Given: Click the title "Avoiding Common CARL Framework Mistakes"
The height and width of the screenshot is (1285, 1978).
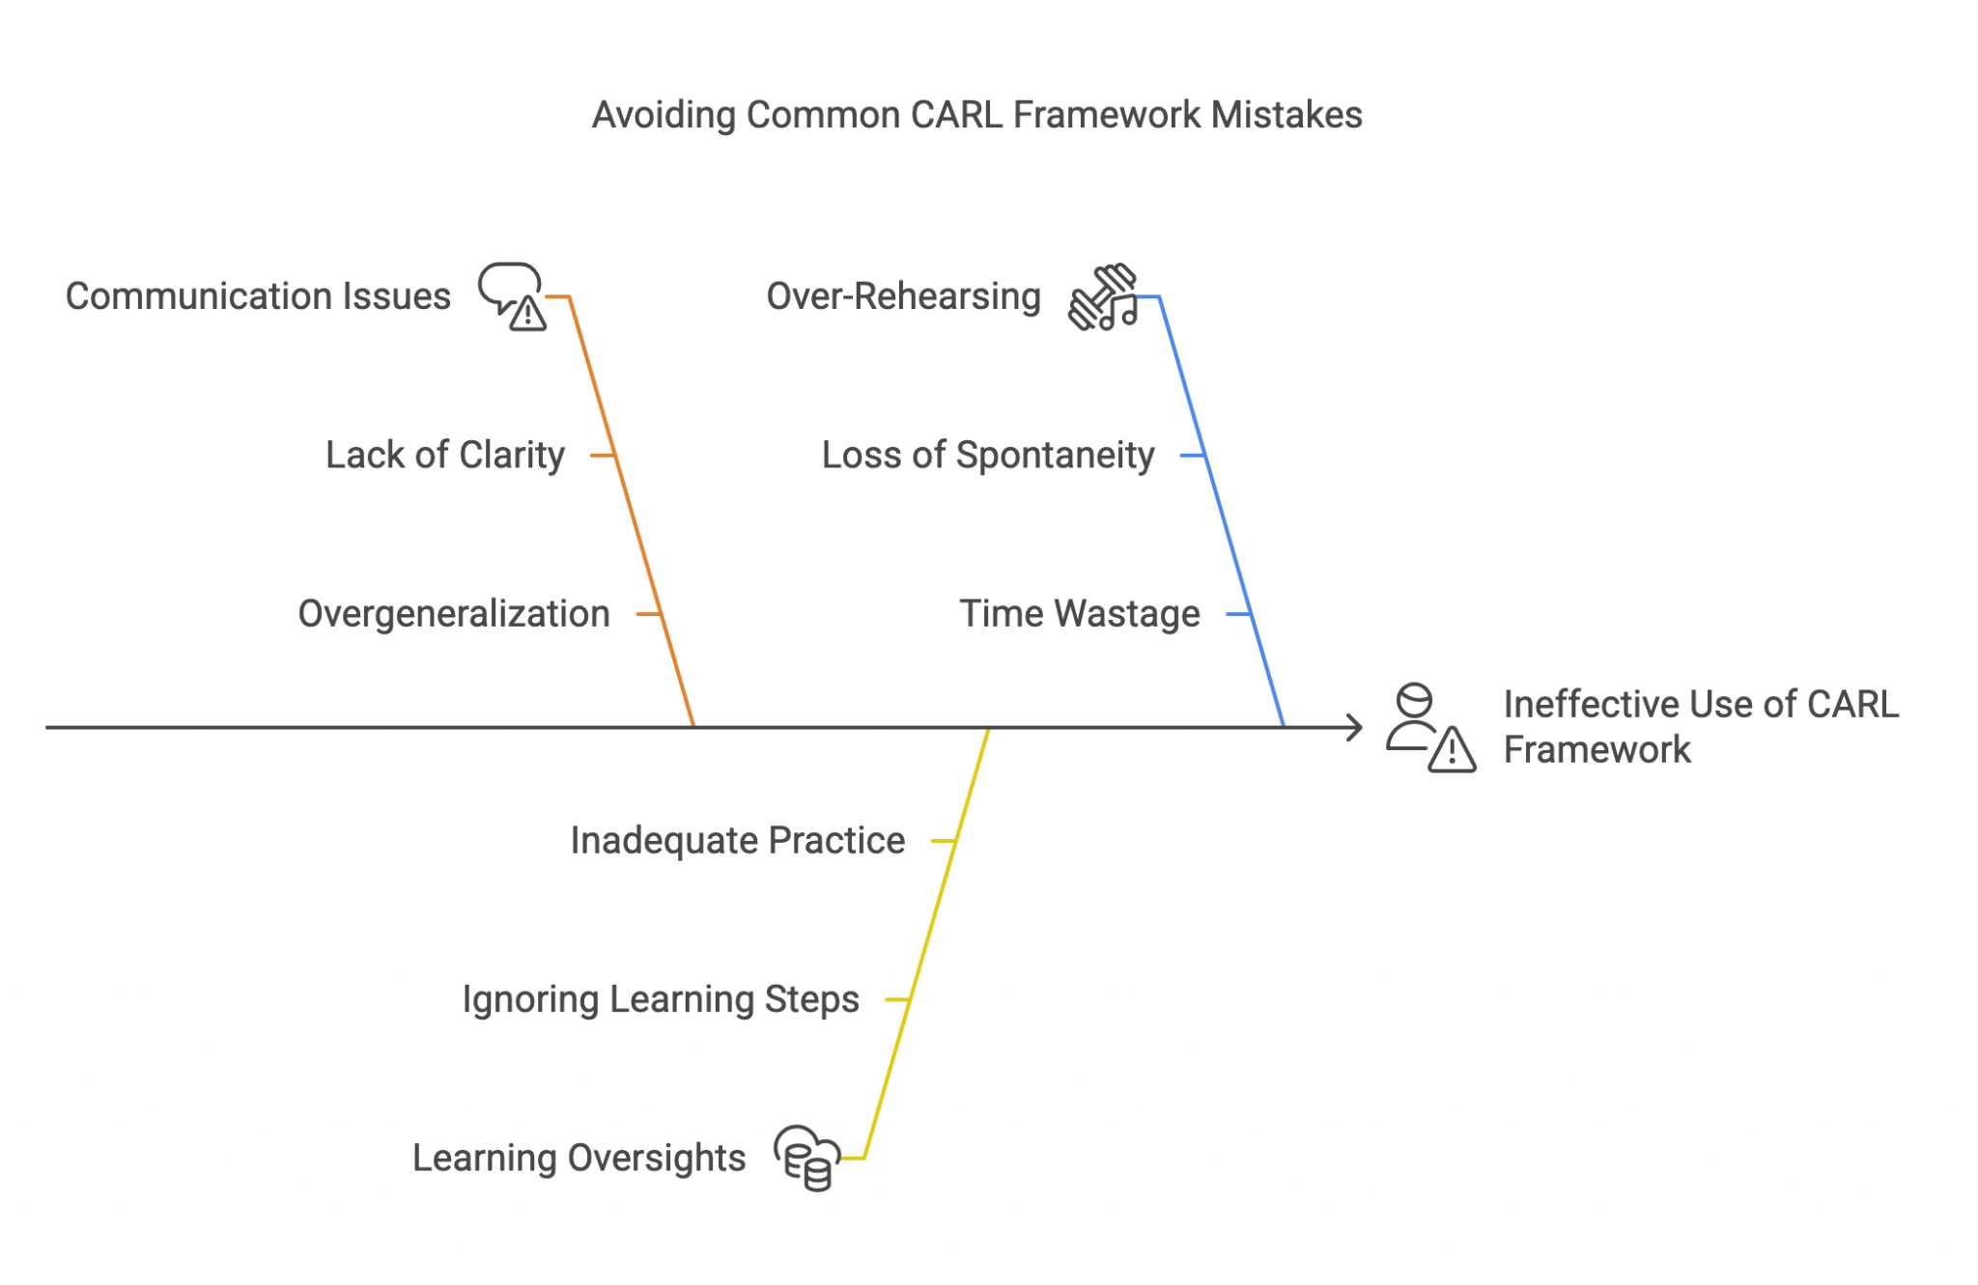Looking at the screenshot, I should coord(976,115).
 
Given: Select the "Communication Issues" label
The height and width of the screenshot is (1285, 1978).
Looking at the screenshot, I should coord(258,296).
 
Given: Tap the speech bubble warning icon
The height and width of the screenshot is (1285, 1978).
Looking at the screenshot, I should coord(512,296).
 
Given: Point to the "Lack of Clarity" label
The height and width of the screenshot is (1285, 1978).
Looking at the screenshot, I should coord(444,455).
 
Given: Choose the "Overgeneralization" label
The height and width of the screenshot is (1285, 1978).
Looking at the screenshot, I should coord(454,614).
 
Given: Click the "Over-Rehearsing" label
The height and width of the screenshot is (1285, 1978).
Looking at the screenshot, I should coord(903,296).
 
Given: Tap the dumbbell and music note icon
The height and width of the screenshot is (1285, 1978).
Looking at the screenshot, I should coord(1103,297).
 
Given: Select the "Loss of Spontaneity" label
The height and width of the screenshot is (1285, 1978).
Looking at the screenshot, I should coord(987,455).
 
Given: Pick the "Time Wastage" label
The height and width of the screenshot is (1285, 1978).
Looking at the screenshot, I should coord(1079,614).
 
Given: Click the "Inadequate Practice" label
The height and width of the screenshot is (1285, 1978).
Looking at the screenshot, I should coord(737,841).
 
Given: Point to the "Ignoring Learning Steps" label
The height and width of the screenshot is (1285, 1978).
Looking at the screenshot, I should coord(661,999).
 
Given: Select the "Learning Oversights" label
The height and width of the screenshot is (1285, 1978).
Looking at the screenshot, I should coord(579,1158).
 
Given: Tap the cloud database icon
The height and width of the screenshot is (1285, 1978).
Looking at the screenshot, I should coord(807,1158).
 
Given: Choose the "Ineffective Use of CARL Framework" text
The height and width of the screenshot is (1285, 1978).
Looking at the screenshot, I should coord(1700,727).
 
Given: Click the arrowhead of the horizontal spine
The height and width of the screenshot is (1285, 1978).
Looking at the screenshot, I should coord(1355,728).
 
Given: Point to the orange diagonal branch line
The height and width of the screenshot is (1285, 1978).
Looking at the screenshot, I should coord(632,512).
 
